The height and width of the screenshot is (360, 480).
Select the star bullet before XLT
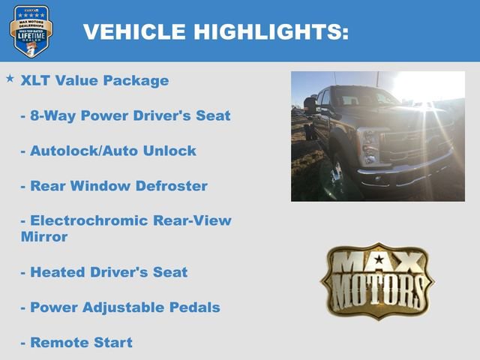(10, 77)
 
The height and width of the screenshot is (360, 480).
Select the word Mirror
(44, 237)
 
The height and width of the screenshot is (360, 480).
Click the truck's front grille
(416, 142)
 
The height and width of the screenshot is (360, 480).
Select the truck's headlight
(368, 143)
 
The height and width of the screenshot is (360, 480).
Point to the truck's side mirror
(310, 104)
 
